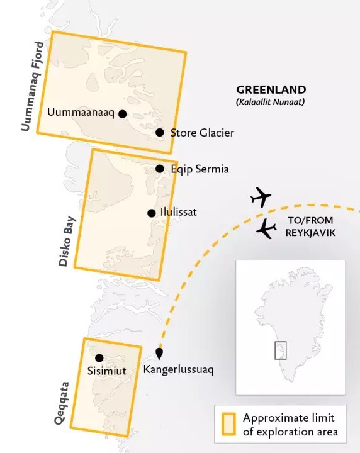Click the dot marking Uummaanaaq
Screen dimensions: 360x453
(x=123, y=114)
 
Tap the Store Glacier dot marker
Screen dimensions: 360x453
(x=160, y=132)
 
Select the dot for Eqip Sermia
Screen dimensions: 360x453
(x=160, y=169)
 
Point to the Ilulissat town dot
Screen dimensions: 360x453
(x=152, y=213)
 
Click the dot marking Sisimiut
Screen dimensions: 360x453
(x=99, y=358)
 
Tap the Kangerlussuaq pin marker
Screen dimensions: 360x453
(x=159, y=353)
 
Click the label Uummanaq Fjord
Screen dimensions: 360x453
(x=32, y=86)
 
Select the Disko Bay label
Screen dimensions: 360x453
(x=67, y=241)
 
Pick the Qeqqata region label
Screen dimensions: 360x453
(x=62, y=403)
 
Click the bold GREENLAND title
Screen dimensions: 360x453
(x=271, y=89)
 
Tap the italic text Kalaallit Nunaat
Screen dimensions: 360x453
(x=271, y=102)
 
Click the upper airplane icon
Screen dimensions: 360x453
(x=261, y=198)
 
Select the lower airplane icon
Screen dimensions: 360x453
(x=266, y=229)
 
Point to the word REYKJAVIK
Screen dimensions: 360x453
(x=310, y=233)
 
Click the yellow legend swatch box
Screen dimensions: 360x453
(x=228, y=424)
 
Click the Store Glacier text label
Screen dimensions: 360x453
(x=202, y=133)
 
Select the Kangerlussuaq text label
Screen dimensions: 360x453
(x=178, y=370)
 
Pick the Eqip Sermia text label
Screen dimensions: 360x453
(x=200, y=169)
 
